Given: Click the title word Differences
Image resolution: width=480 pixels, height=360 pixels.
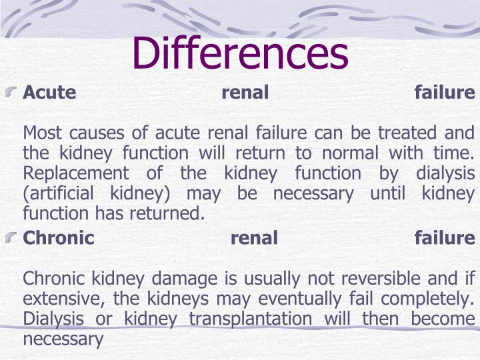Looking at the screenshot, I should click(240, 53).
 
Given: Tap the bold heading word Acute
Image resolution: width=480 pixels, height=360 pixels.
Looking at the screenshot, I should click(49, 93).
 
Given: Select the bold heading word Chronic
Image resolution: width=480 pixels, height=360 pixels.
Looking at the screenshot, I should click(59, 238).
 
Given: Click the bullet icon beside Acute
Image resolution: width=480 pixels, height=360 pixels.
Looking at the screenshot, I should click(13, 92).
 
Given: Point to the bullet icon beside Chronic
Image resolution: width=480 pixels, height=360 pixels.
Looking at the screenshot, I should click(13, 237).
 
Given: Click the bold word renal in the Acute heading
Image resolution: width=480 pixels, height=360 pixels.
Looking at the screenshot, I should click(245, 93).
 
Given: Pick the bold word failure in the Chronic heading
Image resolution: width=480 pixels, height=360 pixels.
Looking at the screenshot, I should click(445, 238).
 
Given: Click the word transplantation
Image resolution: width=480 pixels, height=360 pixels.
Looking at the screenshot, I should click(250, 319).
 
